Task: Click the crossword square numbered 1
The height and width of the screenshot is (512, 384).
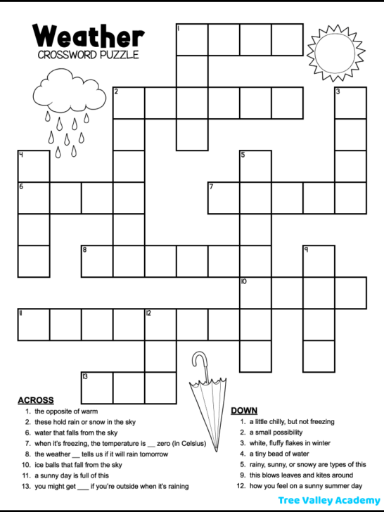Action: pyautogui.click(x=191, y=39)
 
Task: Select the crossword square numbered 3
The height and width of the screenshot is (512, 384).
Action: pyautogui.click(x=350, y=103)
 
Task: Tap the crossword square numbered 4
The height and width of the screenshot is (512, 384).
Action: pyautogui.click(x=34, y=166)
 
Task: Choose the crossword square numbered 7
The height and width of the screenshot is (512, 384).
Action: pyautogui.click(x=224, y=198)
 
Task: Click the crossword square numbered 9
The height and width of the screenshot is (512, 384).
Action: pyautogui.click(x=319, y=261)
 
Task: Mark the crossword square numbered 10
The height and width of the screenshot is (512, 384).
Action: pyautogui.click(x=255, y=293)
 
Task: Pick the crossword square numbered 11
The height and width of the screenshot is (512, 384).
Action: pyautogui.click(x=34, y=324)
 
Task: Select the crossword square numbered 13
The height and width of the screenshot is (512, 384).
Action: pyautogui.click(x=97, y=388)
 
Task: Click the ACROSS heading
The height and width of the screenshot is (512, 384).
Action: pyautogui.click(x=35, y=399)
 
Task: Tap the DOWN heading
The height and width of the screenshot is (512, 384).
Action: pyautogui.click(x=244, y=410)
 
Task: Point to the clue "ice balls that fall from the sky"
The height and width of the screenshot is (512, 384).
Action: pyautogui.click(x=78, y=465)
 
